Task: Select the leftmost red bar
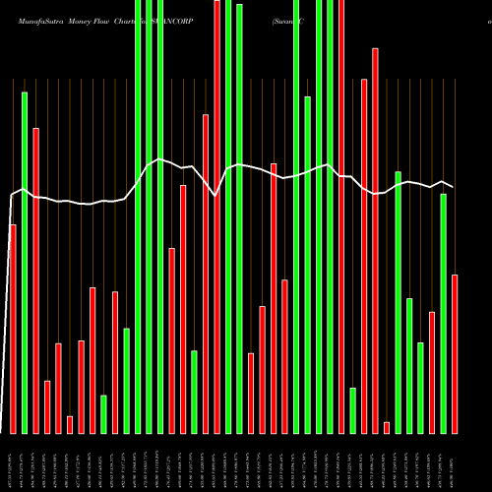click(13, 329)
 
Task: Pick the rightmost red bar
click(455, 353)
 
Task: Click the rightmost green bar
click(444, 313)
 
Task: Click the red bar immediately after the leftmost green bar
click(36, 280)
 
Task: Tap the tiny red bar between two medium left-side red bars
click(70, 424)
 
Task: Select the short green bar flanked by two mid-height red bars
click(103, 413)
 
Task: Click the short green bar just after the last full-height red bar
click(352, 410)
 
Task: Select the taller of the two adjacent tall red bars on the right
click(375, 240)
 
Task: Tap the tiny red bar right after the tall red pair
click(387, 427)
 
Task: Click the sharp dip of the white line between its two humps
click(215, 196)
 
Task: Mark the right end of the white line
click(454, 187)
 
